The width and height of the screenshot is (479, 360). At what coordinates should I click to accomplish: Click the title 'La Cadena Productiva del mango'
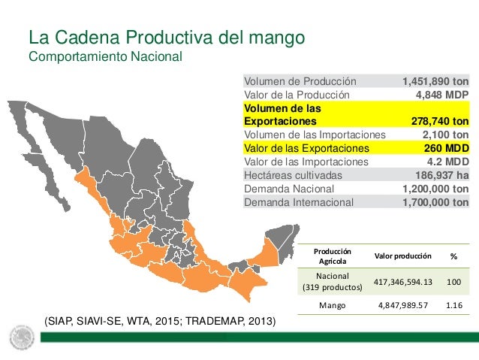pyautogui.click(x=165, y=37)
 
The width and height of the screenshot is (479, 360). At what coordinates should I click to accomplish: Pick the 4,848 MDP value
pyautogui.click(x=442, y=95)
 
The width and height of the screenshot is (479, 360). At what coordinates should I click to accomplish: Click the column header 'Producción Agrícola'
pyautogui.click(x=332, y=256)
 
